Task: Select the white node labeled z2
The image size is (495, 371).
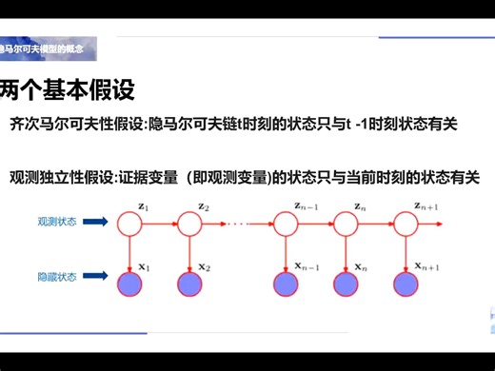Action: pyautogui.click(x=189, y=225)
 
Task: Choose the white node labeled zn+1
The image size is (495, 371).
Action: pyautogui.click(x=406, y=225)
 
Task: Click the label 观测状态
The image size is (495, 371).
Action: pyautogui.click(x=56, y=221)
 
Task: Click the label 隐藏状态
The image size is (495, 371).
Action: pyautogui.click(x=56, y=277)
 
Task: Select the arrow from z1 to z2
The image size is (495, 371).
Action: pyautogui.click(x=159, y=225)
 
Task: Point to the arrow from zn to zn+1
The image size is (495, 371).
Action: pyautogui.click(x=377, y=225)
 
